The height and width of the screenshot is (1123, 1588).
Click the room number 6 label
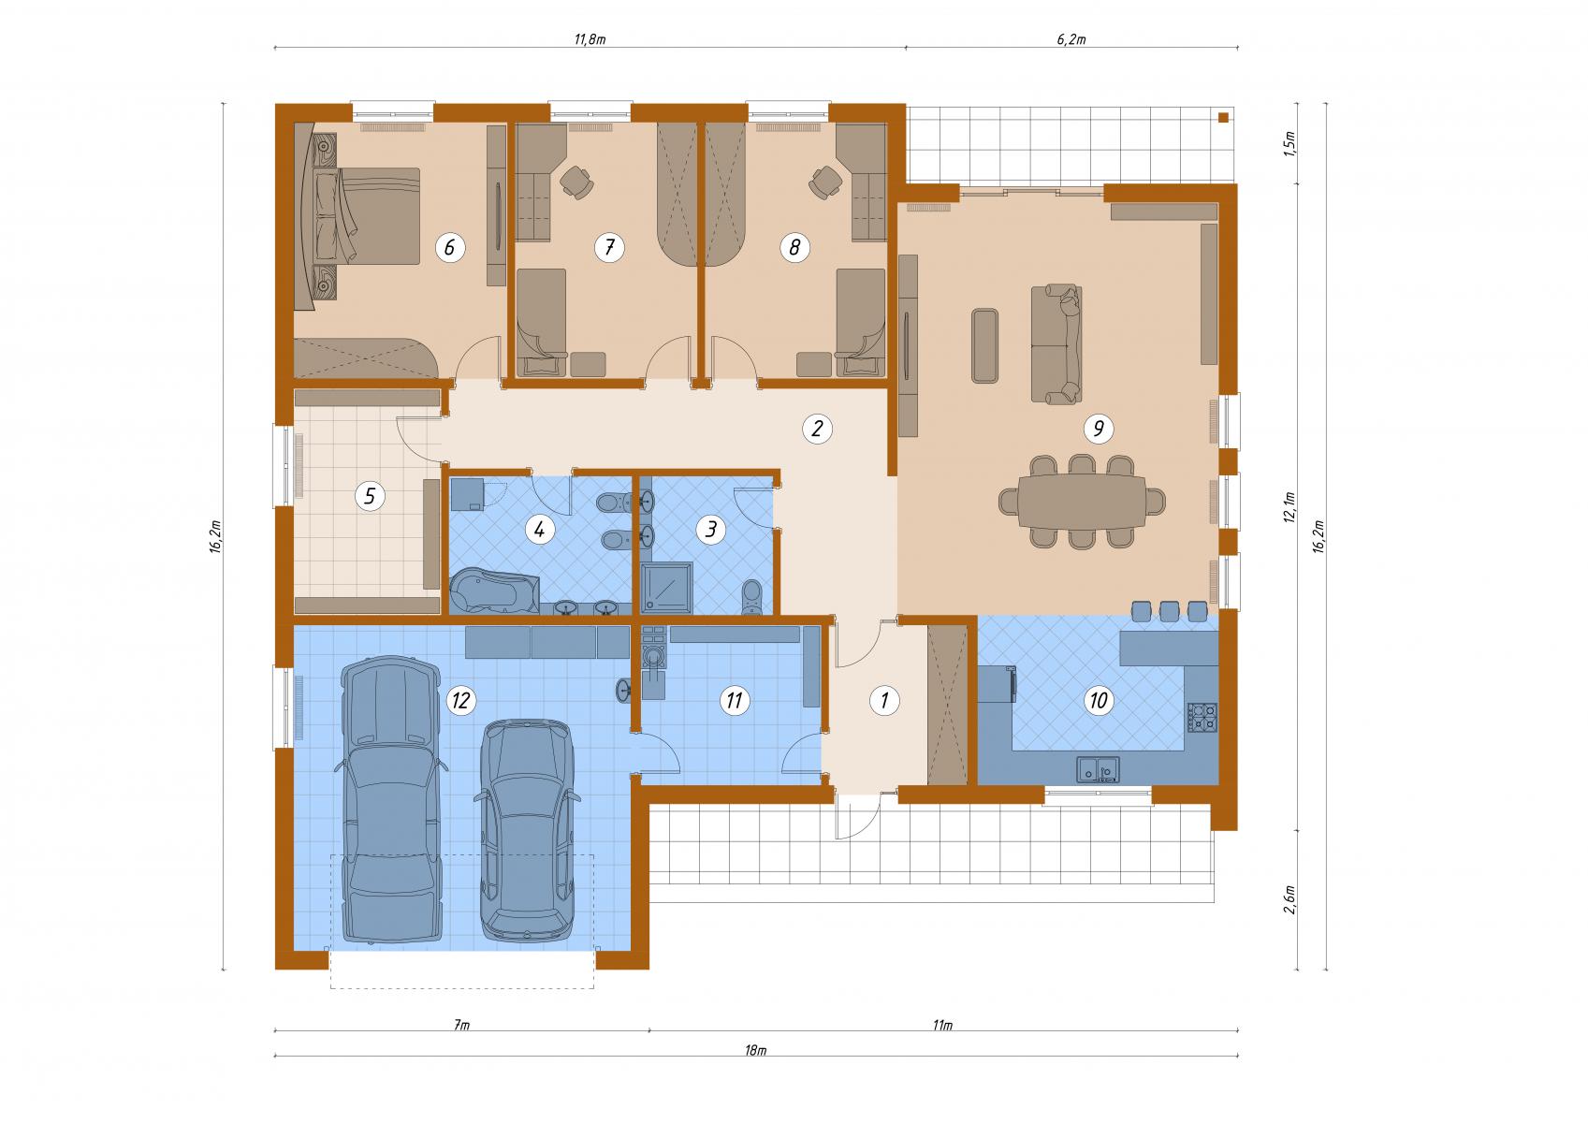point(449,247)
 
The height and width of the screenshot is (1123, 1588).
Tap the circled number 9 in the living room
point(1099,429)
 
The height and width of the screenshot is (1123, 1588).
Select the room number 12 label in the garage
point(460,700)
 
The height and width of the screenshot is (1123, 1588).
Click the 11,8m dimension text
point(590,39)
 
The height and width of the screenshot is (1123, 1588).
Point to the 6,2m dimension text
point(1071,39)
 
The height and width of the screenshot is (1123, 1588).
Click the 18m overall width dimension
point(756,1050)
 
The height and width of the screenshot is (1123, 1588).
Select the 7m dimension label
point(461,1025)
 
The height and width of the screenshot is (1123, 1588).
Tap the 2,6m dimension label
point(1289,899)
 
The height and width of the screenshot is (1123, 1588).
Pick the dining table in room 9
point(1081,502)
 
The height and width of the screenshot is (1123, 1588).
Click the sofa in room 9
point(1056,344)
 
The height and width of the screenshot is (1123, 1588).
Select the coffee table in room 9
point(984,345)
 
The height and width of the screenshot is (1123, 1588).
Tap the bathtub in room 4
point(494,591)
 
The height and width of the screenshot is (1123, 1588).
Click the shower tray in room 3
point(666,588)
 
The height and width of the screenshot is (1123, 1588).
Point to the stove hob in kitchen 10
point(1202,717)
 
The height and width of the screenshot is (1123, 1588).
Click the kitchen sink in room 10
point(1099,769)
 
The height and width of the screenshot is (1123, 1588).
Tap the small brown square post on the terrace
point(1223,118)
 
